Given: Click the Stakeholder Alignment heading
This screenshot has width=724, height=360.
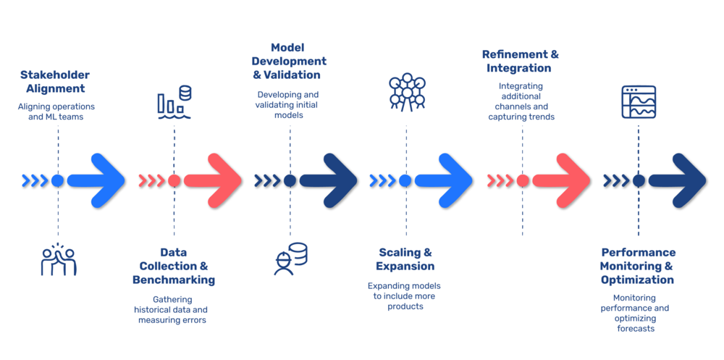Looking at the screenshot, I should coord(55,82).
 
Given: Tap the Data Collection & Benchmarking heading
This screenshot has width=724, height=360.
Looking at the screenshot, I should coord(174,266).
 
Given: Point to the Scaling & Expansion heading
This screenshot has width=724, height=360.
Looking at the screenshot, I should coord(405,259).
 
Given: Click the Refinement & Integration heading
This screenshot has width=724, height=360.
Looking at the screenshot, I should coord(520,61).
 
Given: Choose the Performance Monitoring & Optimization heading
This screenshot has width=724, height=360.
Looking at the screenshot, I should coord(638,266).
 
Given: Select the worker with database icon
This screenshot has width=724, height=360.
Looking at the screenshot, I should coord(290,259).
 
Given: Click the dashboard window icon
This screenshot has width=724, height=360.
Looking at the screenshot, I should coord(638,101).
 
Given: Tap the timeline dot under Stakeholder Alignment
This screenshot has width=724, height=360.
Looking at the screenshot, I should coord(58,180).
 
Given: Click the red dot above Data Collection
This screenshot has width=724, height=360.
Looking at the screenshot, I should coord(174,180).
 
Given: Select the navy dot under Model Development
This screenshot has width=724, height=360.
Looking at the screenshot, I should coord(290,180).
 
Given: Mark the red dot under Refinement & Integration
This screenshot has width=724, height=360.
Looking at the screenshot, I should coord(522,180).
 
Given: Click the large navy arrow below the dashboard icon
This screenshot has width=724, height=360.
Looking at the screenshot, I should coord(678,180).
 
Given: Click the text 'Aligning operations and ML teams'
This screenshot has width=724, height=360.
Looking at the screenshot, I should coord(56,112).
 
